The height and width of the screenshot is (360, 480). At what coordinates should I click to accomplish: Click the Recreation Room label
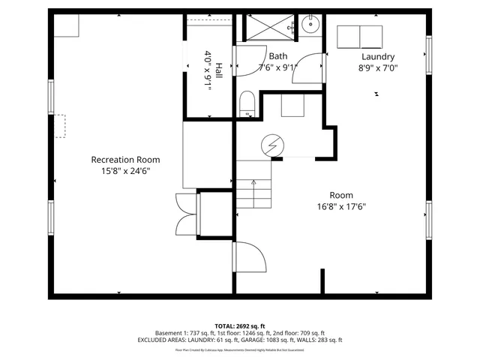click(x=125, y=160)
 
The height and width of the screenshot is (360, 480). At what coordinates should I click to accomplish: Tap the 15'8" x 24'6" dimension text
click(x=125, y=171)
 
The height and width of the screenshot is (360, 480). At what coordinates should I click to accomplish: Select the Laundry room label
click(x=378, y=56)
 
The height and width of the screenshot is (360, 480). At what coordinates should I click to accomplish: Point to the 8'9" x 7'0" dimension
click(x=378, y=67)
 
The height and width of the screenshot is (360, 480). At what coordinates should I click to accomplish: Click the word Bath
click(x=278, y=56)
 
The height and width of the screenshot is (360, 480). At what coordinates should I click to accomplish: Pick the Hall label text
click(x=218, y=71)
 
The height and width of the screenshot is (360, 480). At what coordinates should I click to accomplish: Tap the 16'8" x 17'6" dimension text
click(x=341, y=207)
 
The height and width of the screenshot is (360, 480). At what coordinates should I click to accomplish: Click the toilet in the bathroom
click(x=247, y=103)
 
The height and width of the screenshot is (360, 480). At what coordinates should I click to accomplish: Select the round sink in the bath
click(x=310, y=24)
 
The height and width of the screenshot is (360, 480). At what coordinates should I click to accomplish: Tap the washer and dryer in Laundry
click(x=361, y=35)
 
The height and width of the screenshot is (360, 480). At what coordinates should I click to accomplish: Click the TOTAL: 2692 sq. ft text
click(x=240, y=326)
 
